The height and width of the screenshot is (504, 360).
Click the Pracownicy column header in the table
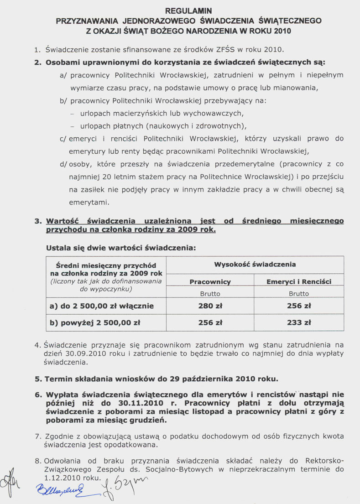[210, 282]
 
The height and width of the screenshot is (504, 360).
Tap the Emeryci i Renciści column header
[299, 282]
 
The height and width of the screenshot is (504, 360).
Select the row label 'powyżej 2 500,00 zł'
[94, 322]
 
